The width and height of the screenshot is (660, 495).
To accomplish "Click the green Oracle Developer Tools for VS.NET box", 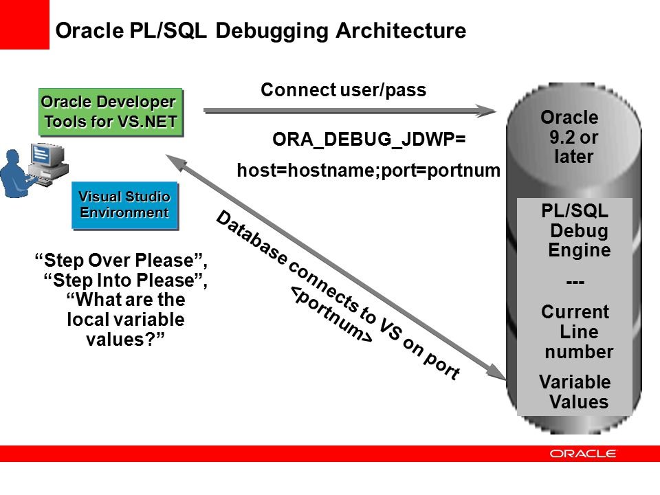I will (111, 112).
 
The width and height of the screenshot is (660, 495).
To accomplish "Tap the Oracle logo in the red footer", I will (583, 454).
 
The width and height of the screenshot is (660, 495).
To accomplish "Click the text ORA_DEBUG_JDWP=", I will (369, 140).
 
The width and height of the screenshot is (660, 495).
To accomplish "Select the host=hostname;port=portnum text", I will (367, 170).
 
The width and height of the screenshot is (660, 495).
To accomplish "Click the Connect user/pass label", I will (344, 90).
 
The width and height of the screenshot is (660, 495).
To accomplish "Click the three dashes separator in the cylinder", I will (574, 283).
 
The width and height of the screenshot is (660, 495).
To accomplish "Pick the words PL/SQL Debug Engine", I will (575, 230).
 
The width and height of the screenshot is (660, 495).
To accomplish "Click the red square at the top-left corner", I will (25, 25).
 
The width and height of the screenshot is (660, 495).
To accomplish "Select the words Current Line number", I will (576, 332).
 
